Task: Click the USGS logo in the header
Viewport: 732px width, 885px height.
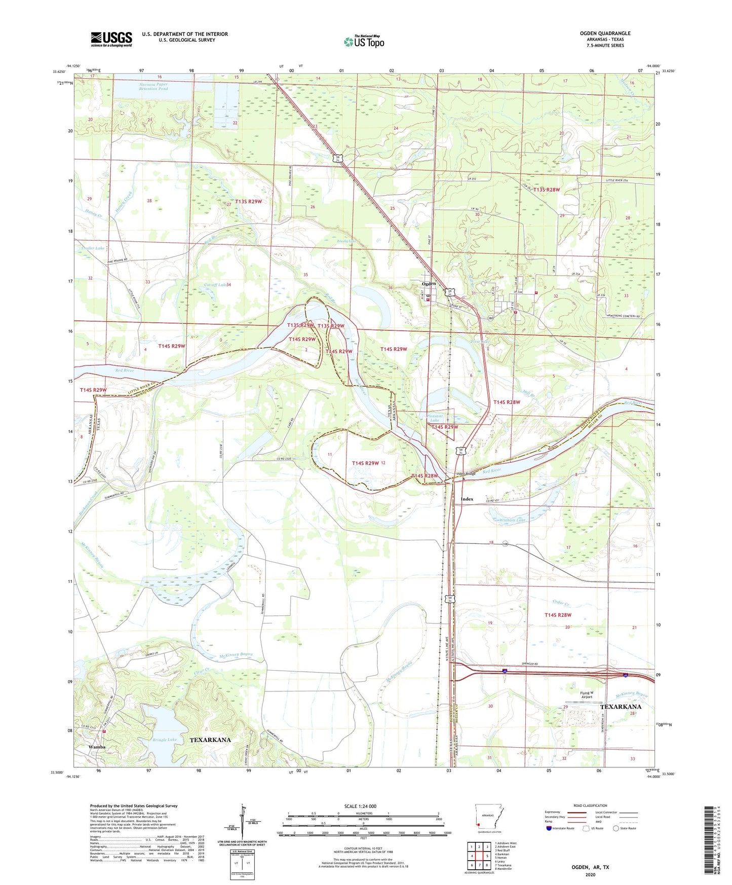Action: [x=111, y=39]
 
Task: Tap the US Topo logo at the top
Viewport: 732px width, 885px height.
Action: [x=364, y=42]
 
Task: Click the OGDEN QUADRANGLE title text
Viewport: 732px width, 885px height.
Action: [x=605, y=33]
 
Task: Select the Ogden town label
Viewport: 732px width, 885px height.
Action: [x=429, y=284]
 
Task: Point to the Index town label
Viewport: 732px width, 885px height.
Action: [x=467, y=499]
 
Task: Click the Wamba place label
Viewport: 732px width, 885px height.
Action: [x=97, y=747]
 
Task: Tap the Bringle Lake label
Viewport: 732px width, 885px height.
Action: [x=165, y=740]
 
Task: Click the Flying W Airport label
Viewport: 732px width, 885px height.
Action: [x=587, y=695]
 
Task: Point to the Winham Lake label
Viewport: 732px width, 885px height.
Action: [x=513, y=520]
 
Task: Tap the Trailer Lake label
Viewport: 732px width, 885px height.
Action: [x=92, y=248]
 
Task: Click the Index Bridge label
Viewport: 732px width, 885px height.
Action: [x=466, y=474]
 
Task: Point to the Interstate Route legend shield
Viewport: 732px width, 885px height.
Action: [x=550, y=828]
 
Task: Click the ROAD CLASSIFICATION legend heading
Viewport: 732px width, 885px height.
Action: [x=590, y=805]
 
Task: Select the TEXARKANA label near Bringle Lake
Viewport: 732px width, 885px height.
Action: [x=210, y=740]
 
